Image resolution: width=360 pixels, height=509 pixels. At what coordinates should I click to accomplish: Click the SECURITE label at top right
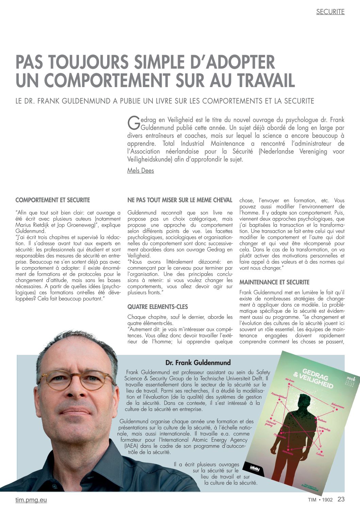click(330, 12)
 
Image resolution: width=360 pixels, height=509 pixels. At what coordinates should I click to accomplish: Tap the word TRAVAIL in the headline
click(265, 80)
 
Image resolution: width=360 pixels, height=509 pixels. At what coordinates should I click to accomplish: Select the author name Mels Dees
click(140, 170)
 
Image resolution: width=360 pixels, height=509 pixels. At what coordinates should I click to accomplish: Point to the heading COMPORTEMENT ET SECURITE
click(53, 200)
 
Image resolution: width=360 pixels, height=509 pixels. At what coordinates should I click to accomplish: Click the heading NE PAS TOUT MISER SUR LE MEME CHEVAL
click(180, 200)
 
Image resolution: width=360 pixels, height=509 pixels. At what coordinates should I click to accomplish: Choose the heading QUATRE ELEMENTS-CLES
click(158, 307)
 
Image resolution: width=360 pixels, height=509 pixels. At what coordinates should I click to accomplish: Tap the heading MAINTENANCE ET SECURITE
click(274, 282)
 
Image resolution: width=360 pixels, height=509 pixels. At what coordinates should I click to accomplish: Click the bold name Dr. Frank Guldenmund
click(198, 363)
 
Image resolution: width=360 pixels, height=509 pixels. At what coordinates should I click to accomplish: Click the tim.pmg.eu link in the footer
click(31, 500)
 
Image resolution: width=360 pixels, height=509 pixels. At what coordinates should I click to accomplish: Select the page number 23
click(341, 499)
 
